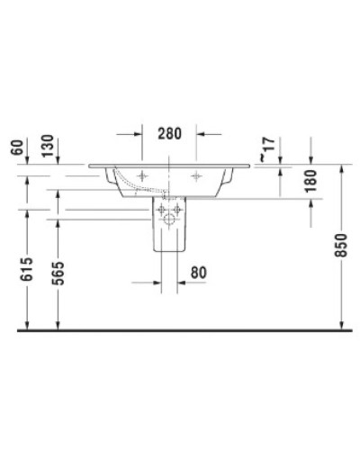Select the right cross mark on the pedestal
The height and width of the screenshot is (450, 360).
[x=178, y=210]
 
